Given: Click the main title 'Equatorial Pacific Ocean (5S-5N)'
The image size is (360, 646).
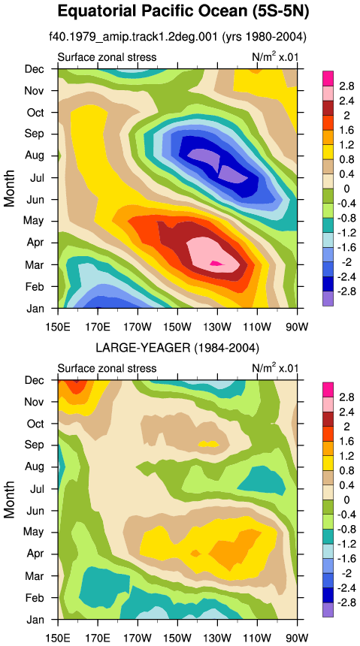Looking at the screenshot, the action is click(183, 11).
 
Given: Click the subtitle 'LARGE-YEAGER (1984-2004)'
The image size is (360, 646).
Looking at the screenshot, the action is click(177, 349).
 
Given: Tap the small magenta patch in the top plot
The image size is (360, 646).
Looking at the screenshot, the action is click(216, 262).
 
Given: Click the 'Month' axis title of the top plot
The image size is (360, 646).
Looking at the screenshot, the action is click(9, 189).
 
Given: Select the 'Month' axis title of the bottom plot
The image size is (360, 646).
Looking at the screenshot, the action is click(9, 500).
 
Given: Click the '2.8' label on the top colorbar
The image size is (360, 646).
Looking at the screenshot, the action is click(346, 86).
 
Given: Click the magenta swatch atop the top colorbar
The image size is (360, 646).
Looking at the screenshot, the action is click(328, 78).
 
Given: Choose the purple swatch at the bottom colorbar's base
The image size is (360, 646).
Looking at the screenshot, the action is click(328, 609).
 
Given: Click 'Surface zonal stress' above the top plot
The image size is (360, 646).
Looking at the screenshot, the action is click(107, 57).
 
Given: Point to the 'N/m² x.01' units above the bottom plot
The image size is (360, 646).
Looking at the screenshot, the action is click(274, 367).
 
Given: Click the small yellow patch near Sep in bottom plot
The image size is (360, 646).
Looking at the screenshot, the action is click(208, 444).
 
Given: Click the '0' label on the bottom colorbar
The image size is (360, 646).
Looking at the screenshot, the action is click(346, 500).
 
